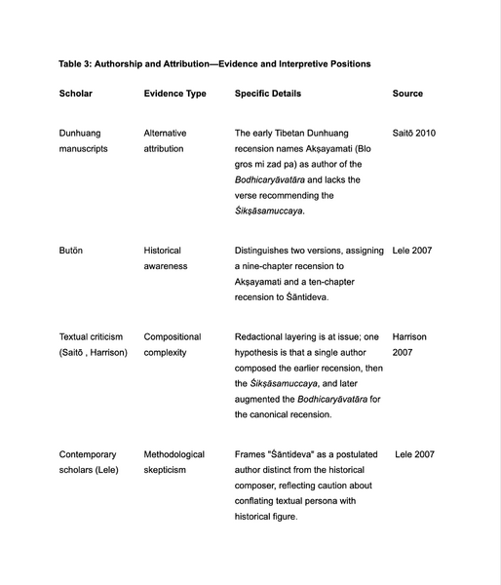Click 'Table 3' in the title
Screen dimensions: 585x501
click(x=78, y=63)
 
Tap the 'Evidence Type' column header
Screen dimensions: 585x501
click(x=174, y=94)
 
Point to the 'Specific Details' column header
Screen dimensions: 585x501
click(x=268, y=94)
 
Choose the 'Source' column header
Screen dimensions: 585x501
click(x=407, y=94)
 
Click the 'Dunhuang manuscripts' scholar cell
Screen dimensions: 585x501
click(x=84, y=140)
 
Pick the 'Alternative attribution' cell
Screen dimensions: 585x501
click(x=166, y=140)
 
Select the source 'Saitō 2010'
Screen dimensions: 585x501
click(x=413, y=133)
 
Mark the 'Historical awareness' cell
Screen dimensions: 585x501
click(x=166, y=258)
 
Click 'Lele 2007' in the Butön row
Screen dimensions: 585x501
click(x=412, y=251)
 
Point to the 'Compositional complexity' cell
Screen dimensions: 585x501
click(x=173, y=344)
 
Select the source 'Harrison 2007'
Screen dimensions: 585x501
click(x=409, y=344)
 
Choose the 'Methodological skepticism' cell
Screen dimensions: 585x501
click(x=174, y=462)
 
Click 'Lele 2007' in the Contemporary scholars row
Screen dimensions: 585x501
click(x=414, y=454)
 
